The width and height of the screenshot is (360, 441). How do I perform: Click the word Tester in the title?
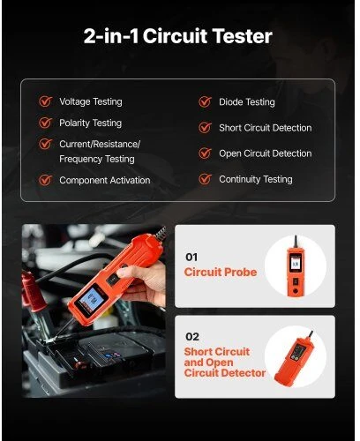pos(242,36)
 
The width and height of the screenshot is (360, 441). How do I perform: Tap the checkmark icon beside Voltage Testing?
pos(46,101)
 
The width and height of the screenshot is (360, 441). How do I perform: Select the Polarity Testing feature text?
pos(90,123)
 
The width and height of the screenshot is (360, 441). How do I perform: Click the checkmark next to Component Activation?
pos(46,180)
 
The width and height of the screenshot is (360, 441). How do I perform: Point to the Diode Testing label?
pos(247,102)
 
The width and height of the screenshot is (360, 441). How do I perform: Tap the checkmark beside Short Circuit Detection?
pos(205,128)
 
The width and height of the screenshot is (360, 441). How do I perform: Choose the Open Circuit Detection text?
pos(265,153)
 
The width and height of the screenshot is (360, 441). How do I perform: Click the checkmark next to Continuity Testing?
pos(205,179)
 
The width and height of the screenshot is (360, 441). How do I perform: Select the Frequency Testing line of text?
pos(97,159)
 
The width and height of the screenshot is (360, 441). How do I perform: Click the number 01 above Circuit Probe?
pos(191,257)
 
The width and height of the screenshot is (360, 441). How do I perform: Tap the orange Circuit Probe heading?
pos(221,272)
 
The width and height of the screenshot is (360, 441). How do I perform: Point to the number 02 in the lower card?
pos(192,336)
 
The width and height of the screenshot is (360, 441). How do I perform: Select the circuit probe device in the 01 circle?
pos(296,266)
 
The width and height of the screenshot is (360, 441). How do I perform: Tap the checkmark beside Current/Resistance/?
pos(46,144)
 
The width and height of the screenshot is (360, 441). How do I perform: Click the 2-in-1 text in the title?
pos(111,36)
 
